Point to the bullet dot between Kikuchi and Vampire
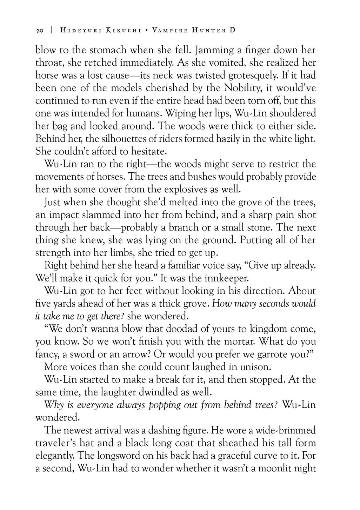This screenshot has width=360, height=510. (x=146, y=31)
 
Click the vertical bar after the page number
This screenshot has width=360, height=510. (x=51, y=31)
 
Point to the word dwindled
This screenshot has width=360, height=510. (x=160, y=392)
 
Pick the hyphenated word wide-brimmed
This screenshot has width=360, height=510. (x=281, y=430)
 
